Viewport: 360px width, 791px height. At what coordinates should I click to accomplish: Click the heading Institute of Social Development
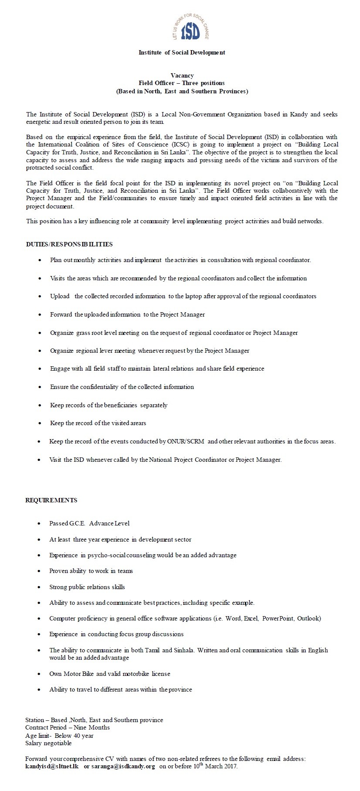182,52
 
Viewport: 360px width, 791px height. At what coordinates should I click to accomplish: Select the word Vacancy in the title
182,75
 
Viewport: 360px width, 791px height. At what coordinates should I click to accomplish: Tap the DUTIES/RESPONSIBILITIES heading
69,244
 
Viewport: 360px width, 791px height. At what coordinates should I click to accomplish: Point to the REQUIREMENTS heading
51,500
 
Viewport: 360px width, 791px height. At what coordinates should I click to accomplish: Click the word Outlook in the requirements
309,618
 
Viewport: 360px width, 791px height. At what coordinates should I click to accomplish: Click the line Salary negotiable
48,743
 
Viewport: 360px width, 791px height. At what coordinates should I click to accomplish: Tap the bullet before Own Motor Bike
40,674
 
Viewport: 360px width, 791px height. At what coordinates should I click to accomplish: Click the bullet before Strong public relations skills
40,587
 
